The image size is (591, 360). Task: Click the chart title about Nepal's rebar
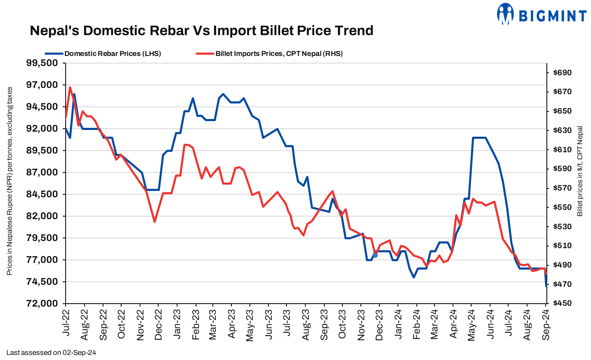201,31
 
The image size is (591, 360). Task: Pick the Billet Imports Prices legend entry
270,53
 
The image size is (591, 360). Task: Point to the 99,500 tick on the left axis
42,63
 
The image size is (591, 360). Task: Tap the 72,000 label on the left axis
42,304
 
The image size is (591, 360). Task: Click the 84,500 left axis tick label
42,194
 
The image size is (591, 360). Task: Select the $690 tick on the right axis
562,73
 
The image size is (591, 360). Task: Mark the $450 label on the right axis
562,304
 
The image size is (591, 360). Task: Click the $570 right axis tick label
562,188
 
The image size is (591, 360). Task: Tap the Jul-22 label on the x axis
66,324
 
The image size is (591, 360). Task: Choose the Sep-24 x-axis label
546,324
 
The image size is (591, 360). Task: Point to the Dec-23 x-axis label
379,324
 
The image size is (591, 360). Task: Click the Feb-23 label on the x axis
195,324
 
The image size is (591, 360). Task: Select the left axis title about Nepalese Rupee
10,181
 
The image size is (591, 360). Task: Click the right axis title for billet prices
580,171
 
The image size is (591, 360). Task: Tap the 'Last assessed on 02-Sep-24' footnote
51,352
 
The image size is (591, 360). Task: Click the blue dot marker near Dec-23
375,255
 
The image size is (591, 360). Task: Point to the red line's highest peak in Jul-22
70,87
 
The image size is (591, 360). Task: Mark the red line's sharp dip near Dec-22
155,222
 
